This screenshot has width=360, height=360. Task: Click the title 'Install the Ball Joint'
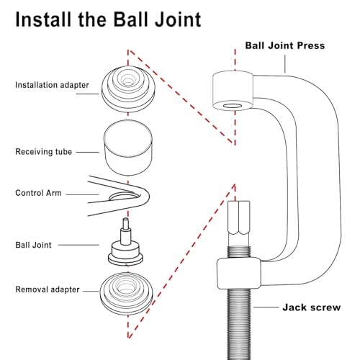pos(108,19)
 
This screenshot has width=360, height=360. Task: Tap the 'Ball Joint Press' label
pos(285,45)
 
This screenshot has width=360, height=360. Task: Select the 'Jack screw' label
pos(312,307)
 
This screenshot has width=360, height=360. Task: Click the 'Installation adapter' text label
pos(52,85)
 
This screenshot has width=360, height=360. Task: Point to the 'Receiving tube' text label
pos(43,152)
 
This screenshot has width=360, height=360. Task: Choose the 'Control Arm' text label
pos(38,193)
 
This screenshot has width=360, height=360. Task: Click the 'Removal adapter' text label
pos(48,289)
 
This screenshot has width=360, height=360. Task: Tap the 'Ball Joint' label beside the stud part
pos(33,245)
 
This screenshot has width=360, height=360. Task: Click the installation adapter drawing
pos(128,89)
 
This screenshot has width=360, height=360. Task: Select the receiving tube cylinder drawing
pos(128,148)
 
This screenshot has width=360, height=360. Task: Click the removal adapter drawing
pos(127,294)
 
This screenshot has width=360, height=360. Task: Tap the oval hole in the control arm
pos(125,196)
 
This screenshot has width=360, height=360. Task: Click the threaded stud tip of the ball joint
pos(126,223)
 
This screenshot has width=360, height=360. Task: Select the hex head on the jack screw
pos(239,217)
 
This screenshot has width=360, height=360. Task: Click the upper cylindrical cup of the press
pos(233,91)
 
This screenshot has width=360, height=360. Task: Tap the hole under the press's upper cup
pos(233,106)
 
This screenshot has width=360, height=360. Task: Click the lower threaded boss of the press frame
pos(239,273)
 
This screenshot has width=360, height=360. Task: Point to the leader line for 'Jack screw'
pos(266,307)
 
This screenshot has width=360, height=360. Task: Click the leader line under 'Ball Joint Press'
pos(285,64)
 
